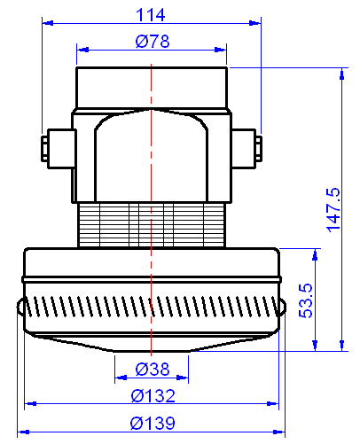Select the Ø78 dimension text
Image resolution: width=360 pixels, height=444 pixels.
click(152, 41)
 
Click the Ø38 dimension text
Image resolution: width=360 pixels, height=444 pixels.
click(152, 370)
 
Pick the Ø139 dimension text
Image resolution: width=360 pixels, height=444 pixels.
click(152, 423)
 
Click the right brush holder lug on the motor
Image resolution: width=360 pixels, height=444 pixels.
click(247, 145)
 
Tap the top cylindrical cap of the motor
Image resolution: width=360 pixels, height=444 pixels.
click(152, 87)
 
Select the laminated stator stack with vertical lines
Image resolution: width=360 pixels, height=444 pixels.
click(152, 224)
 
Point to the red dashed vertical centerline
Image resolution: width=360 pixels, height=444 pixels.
click(152, 177)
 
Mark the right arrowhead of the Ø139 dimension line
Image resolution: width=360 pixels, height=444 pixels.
click(279, 432)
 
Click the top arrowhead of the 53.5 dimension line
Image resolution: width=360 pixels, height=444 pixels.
click(314, 254)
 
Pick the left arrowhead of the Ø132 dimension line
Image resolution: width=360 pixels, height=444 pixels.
click(30, 404)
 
